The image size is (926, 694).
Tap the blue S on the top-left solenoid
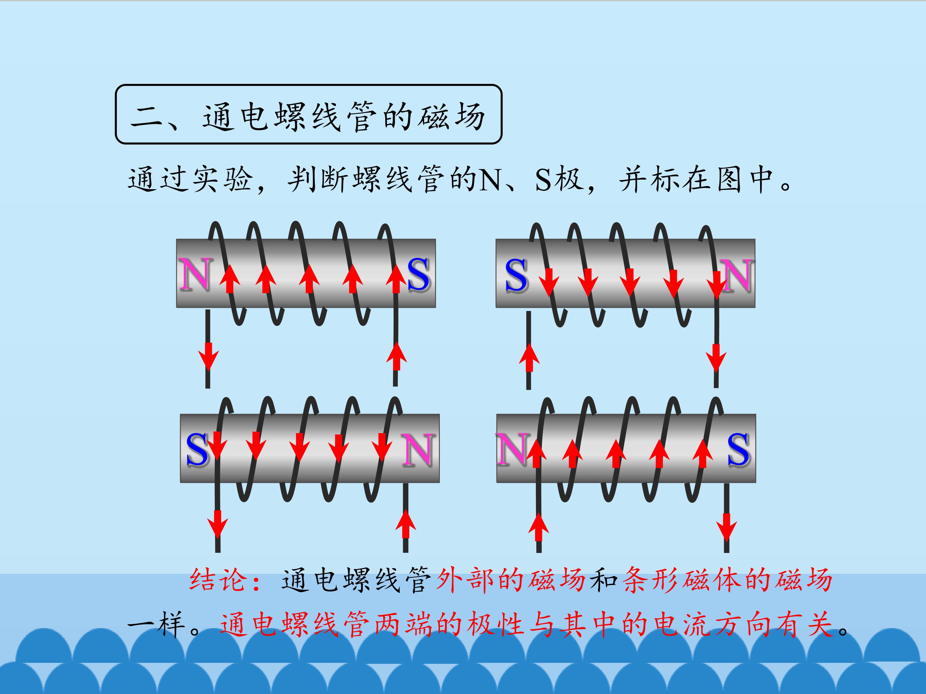pyautogui.click(x=418, y=274)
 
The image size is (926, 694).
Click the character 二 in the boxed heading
pyautogui.click(x=147, y=117)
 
